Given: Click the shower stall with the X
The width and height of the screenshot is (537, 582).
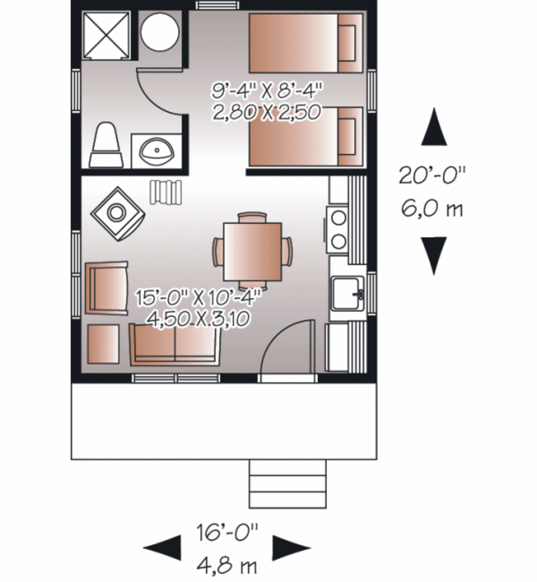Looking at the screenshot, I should (106, 35).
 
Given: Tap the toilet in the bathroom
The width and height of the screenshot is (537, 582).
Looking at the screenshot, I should (106, 146).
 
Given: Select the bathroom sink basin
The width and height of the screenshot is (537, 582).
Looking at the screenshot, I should (156, 151).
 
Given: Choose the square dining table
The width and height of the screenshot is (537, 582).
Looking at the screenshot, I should (252, 251).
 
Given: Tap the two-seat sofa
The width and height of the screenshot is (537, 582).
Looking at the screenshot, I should (174, 344).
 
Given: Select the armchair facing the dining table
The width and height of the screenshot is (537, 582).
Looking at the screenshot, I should (106, 288).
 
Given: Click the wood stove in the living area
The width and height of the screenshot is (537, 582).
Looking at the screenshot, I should (117, 213).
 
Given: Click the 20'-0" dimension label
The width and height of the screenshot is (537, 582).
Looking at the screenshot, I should (432, 175).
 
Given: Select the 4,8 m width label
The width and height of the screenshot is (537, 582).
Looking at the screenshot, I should (227, 566).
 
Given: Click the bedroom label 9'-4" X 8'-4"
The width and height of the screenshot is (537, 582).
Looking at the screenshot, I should (266, 91).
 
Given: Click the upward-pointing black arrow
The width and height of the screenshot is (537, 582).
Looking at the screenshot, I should (434, 129).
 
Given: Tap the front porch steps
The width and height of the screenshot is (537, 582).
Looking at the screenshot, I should (287, 483).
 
